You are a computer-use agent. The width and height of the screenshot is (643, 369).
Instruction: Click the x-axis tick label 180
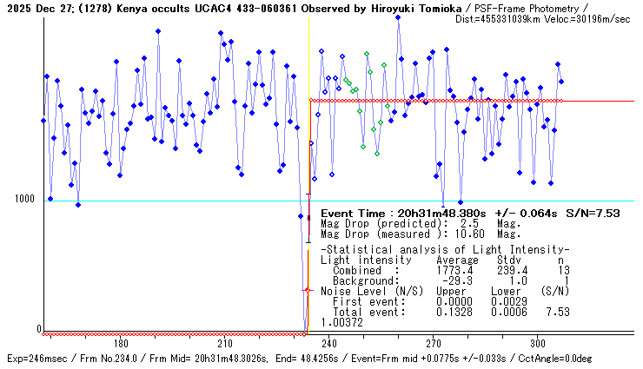coord(121,342)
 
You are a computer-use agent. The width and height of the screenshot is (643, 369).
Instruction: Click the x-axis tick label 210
coord(225,342)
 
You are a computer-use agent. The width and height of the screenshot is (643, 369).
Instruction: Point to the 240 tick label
coord(329,342)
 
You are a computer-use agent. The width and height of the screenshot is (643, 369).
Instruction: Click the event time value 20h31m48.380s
coord(438,213)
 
